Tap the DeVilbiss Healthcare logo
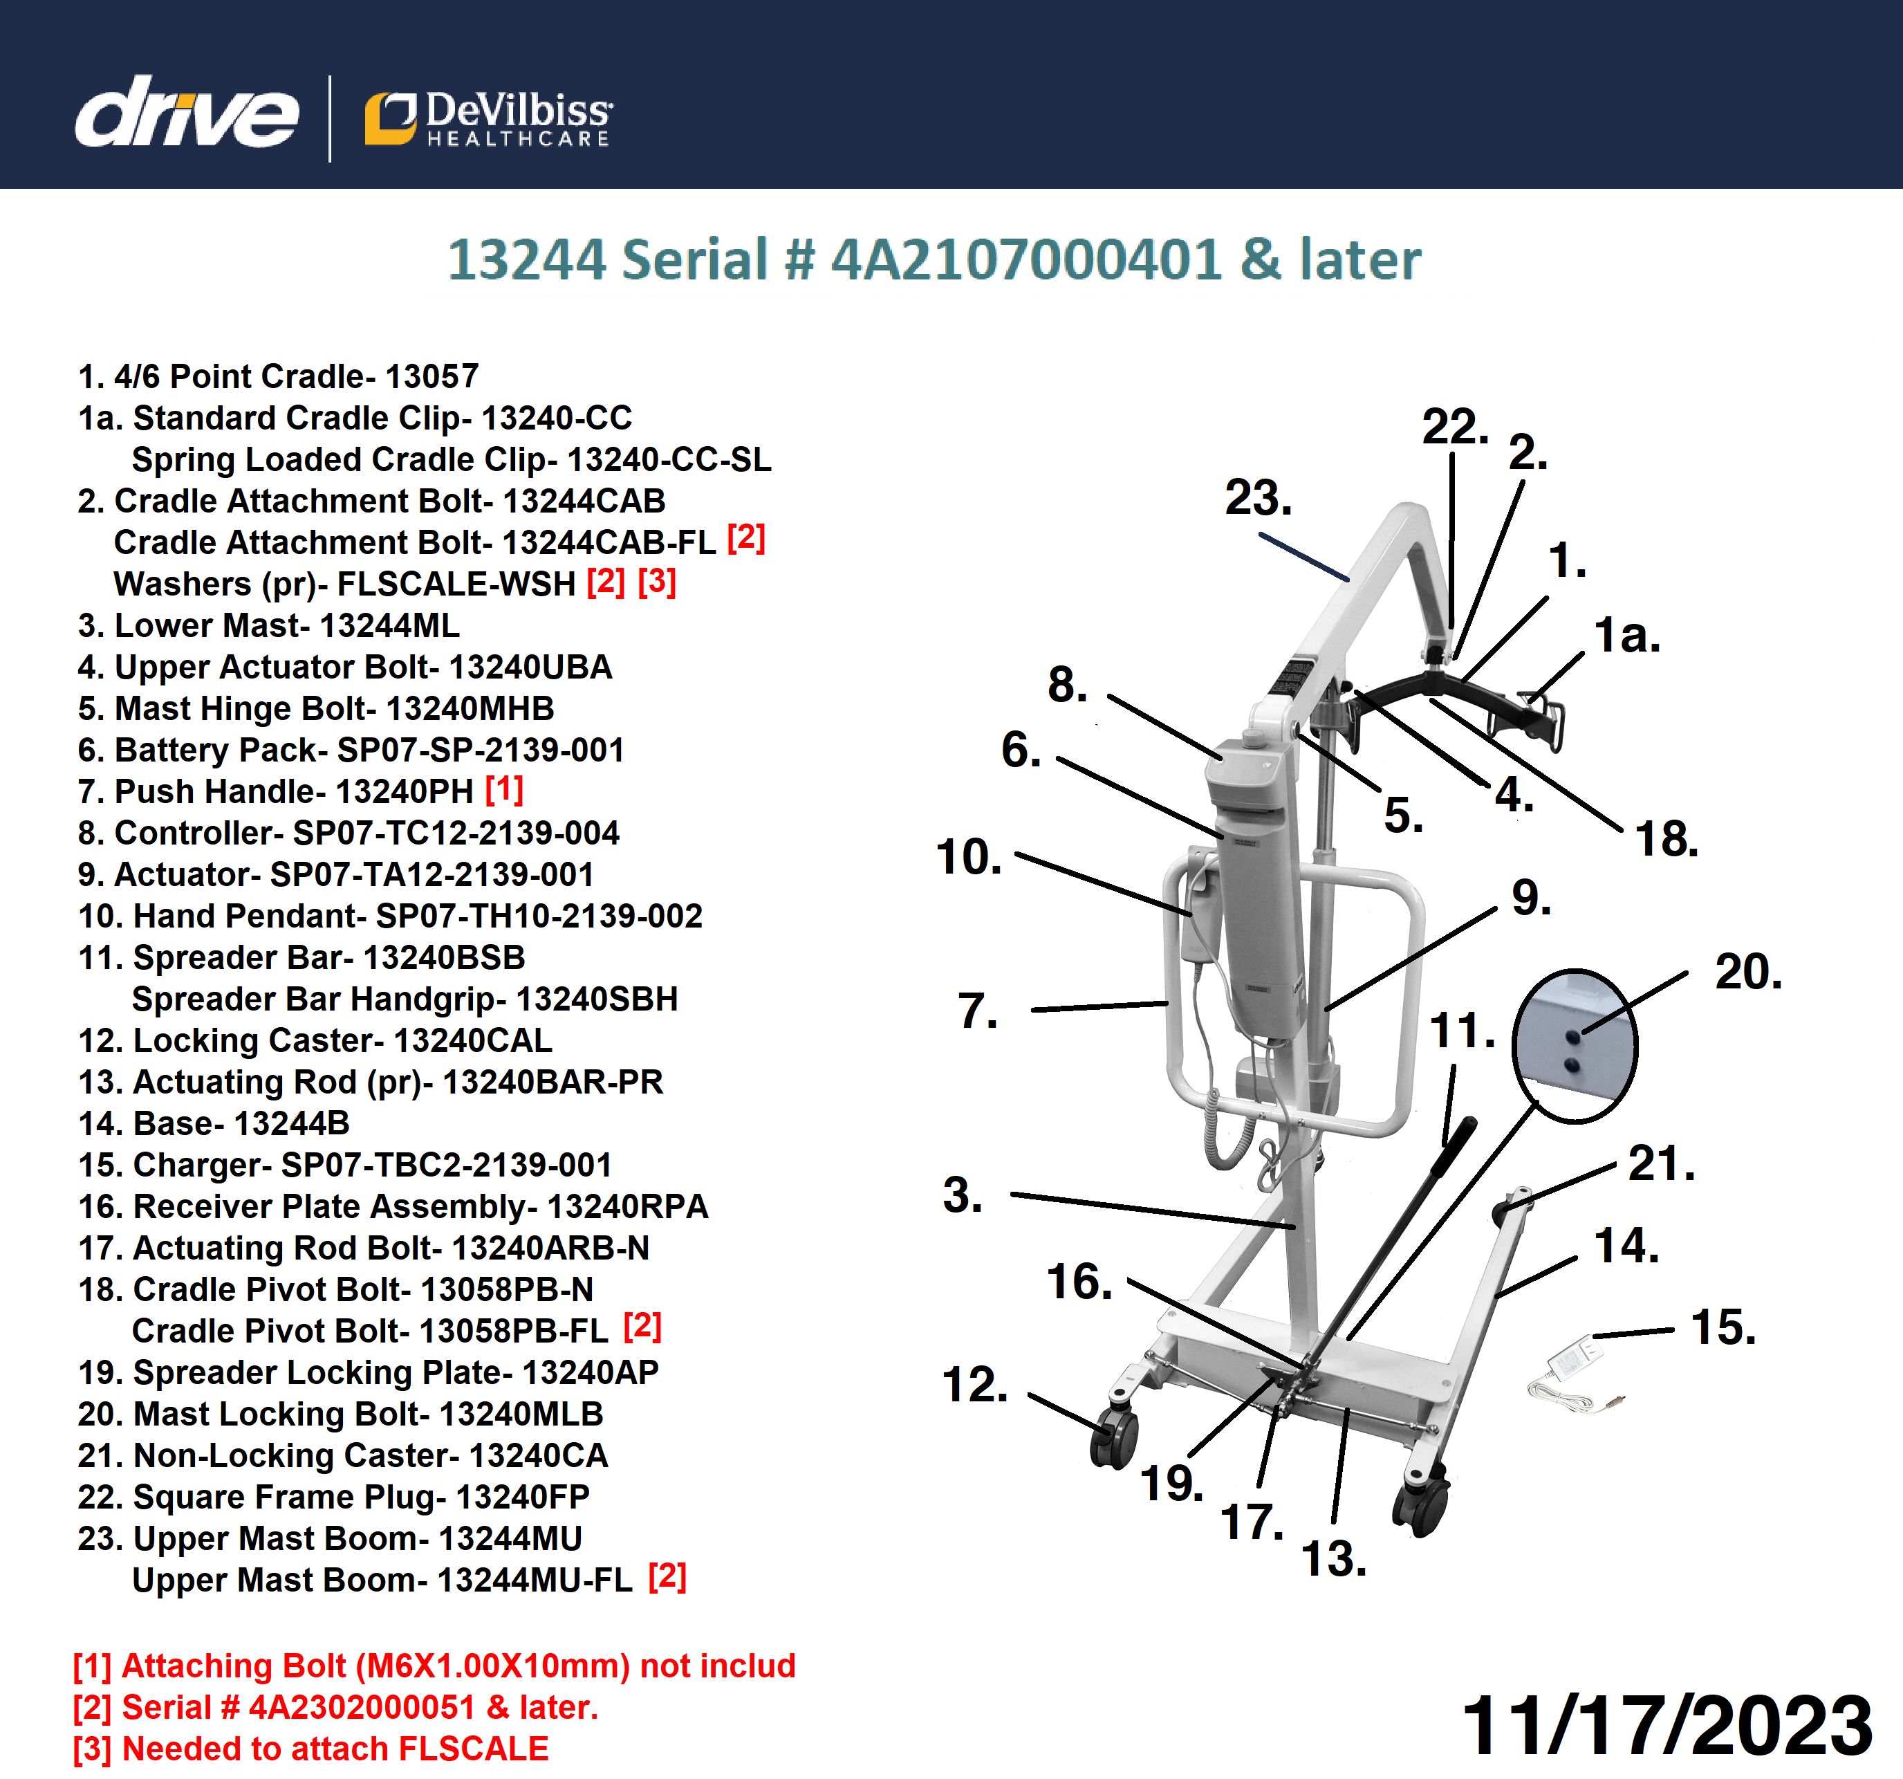(488, 120)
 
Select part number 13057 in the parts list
(431, 376)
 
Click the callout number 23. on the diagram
(1258, 498)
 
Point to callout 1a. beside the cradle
(1626, 635)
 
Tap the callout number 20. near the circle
(1748, 972)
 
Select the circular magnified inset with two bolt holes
(1575, 1046)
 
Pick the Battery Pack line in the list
(351, 750)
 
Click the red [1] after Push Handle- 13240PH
(505, 790)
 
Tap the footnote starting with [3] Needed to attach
(311, 1749)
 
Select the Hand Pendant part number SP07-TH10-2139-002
(539, 916)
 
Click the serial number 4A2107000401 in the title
(1026, 259)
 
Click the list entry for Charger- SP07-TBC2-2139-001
(344, 1165)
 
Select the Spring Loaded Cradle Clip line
(451, 459)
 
